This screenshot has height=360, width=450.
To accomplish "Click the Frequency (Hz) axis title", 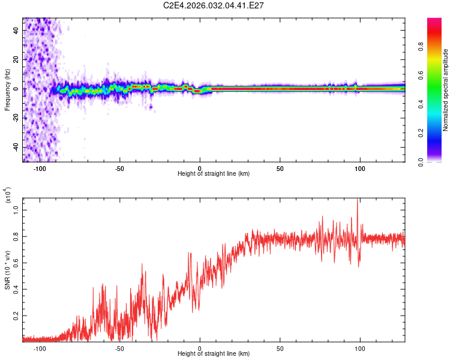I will pos(7,89).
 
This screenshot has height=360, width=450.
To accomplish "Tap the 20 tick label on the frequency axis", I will pos(17,60).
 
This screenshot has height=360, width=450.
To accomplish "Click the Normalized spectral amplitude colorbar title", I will pos(445,90).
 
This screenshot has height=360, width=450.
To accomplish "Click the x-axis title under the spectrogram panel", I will pos(214,174).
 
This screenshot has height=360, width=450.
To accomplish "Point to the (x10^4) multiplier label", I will pos(7,196).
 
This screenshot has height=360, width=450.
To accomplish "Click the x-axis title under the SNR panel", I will pos(214,355).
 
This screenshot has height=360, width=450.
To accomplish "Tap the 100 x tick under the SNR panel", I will pos(360,348).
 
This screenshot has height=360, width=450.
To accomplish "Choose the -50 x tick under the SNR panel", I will pos(119,348).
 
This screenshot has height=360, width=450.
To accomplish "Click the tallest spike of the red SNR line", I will pos(358,200).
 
